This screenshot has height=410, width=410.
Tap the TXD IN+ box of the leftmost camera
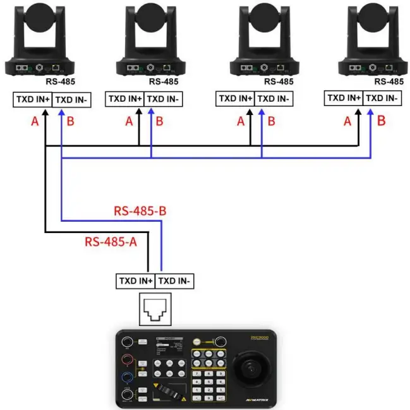coord(33,100)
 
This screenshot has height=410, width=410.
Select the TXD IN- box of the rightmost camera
coord(383,98)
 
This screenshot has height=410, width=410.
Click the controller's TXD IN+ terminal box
coord(135,280)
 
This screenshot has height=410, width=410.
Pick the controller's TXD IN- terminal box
coord(175,280)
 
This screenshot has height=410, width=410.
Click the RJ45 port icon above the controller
coord(155,308)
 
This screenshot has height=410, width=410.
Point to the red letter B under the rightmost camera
coord(381,121)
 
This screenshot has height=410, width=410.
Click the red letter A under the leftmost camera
coord(35,121)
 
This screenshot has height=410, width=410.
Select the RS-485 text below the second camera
coord(164,81)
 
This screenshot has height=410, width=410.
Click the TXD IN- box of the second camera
coord(163,99)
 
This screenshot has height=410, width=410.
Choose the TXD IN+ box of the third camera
coord(235,99)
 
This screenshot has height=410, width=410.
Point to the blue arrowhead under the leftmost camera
coord(61,112)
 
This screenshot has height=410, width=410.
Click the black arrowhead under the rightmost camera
coord(359,111)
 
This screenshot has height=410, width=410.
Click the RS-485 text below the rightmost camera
coord(389,81)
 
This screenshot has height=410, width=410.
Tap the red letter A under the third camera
coord(241,121)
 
